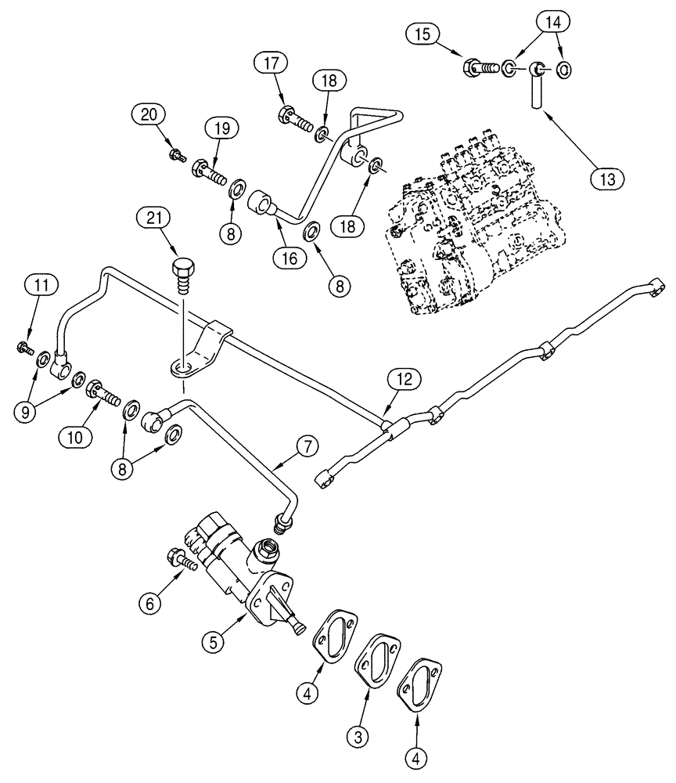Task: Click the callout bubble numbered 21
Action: pyautogui.click(x=153, y=219)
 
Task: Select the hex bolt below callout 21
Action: pyautogui.click(x=182, y=273)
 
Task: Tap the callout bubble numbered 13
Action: pyautogui.click(x=606, y=178)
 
